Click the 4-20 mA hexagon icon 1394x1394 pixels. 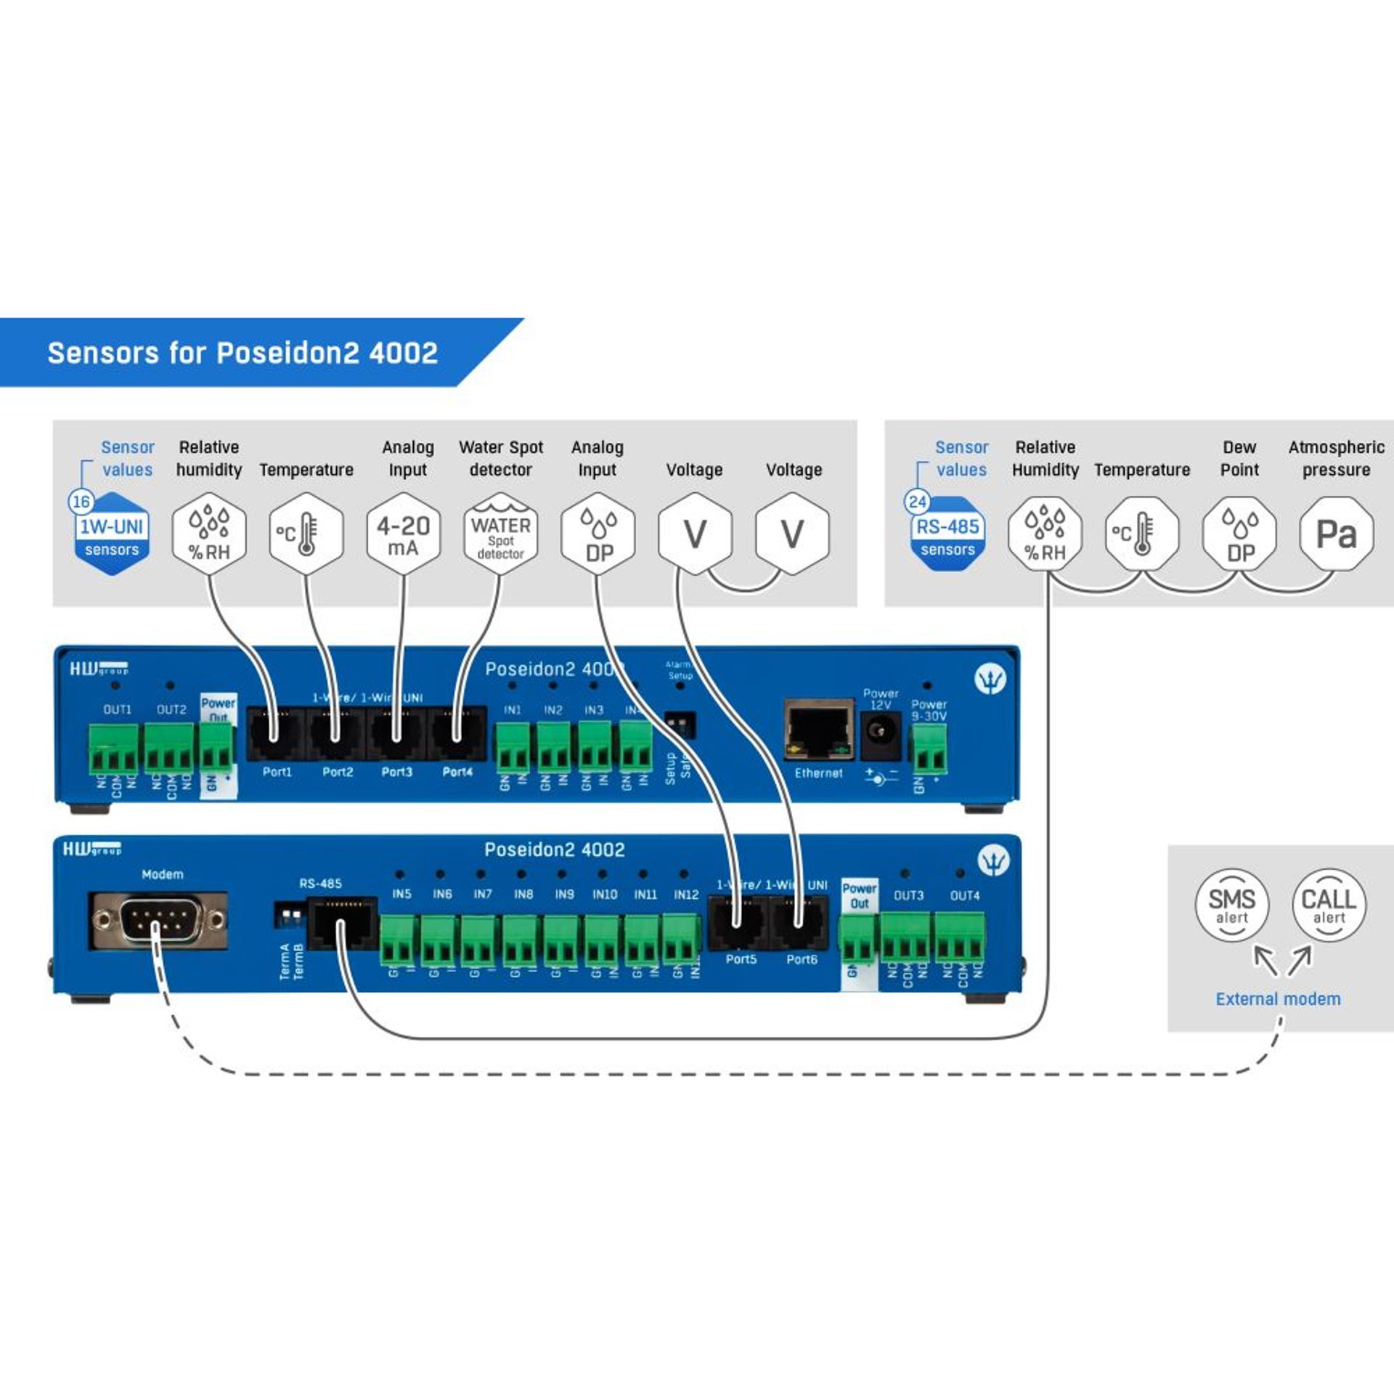click(403, 534)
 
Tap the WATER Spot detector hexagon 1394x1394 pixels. click(500, 534)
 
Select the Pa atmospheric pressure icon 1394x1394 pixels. click(1336, 534)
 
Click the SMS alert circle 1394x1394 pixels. click(1231, 905)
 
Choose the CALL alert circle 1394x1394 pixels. click(1329, 905)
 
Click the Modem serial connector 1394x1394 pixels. click(159, 921)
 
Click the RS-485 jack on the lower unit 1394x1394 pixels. click(342, 923)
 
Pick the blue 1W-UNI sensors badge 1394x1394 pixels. click(112, 536)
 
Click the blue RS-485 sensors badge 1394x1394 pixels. click(947, 536)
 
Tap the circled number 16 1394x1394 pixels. click(81, 502)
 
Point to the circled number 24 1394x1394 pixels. click(917, 502)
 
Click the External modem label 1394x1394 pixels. click(1278, 999)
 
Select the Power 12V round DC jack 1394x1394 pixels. click(880, 734)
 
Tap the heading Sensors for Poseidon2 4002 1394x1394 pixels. click(242, 353)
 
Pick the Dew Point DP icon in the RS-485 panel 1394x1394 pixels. click(1239, 534)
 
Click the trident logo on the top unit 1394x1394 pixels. click(990, 678)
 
